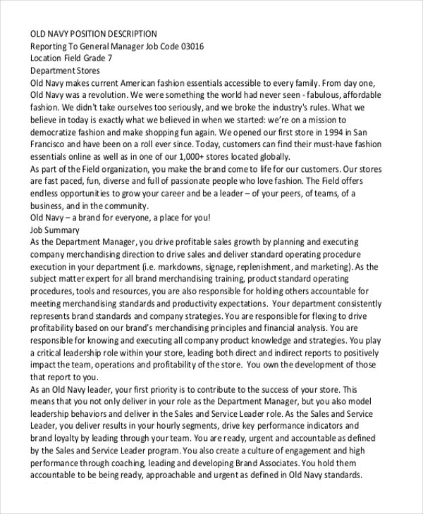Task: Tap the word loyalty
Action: tap(60, 437)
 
